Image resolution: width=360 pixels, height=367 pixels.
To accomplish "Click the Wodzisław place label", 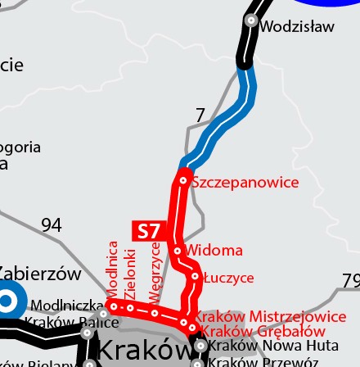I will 297,25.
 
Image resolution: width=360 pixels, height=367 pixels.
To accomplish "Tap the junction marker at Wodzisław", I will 251,20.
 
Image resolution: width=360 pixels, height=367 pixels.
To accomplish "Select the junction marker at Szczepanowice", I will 184,181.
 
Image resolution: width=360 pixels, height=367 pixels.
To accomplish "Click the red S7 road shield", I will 149,232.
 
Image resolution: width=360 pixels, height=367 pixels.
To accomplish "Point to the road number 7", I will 199,116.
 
